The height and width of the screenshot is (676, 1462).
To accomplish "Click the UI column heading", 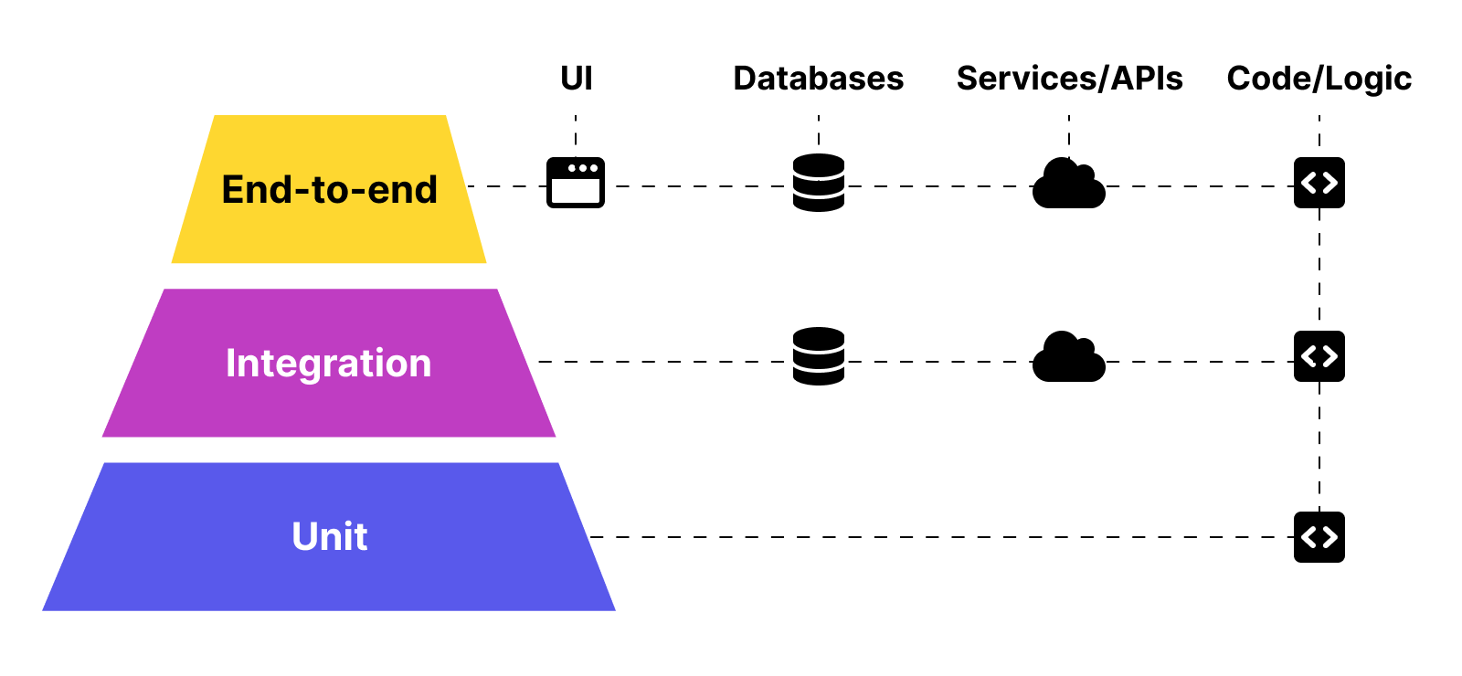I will click(x=576, y=79).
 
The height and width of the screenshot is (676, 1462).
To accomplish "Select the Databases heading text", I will click(x=818, y=79).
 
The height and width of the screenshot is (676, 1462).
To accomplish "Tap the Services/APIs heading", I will click(x=1069, y=79).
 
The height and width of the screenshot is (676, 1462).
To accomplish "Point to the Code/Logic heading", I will click(x=1319, y=79).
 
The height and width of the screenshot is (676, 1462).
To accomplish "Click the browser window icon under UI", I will click(x=576, y=183).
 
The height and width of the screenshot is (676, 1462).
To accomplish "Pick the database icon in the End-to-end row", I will click(x=819, y=183).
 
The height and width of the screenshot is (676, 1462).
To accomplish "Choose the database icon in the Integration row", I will click(x=819, y=356).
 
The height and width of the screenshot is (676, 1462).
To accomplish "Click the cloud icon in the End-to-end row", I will click(x=1068, y=185).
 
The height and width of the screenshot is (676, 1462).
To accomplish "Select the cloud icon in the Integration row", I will click(x=1068, y=358).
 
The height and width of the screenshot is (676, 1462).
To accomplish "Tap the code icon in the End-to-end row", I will click(x=1319, y=183).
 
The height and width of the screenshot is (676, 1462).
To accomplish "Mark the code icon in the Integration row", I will click(x=1319, y=356).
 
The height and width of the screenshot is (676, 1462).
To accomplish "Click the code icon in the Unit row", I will click(x=1319, y=537).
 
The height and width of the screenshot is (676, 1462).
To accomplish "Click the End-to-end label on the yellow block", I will click(x=329, y=190).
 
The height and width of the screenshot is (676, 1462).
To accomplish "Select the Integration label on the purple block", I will click(x=329, y=364).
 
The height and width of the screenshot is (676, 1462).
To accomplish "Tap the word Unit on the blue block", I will click(x=329, y=537).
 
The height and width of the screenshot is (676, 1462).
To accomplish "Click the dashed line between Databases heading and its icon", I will click(x=819, y=131).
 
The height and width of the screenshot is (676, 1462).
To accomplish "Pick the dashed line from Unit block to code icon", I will click(x=941, y=537).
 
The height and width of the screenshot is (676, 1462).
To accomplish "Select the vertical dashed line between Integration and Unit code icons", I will click(x=1319, y=448).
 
